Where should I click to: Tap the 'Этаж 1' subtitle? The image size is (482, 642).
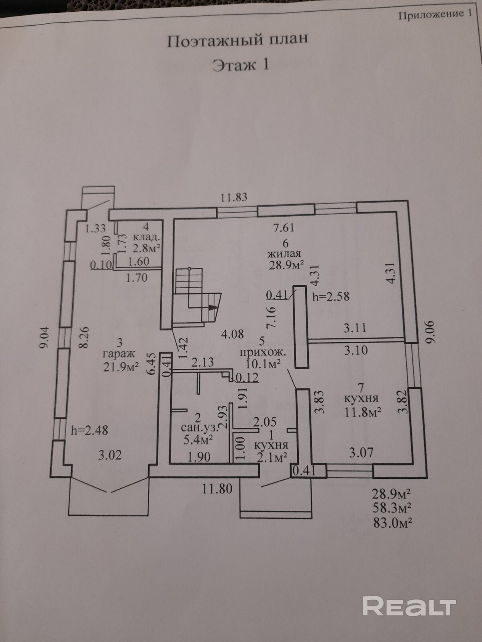[240, 64]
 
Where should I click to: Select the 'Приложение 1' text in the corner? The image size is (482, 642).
[435, 15]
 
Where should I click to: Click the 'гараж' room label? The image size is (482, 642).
[119, 354]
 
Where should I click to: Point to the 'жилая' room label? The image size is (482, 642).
[284, 254]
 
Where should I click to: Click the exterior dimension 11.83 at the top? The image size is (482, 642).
[234, 197]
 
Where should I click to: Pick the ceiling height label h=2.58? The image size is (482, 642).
[331, 297]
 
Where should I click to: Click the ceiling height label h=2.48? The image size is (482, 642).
[89, 431]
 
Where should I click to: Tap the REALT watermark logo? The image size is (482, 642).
[409, 605]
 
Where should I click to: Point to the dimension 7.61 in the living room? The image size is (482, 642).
[284, 228]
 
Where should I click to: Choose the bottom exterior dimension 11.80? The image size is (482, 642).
[217, 489]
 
